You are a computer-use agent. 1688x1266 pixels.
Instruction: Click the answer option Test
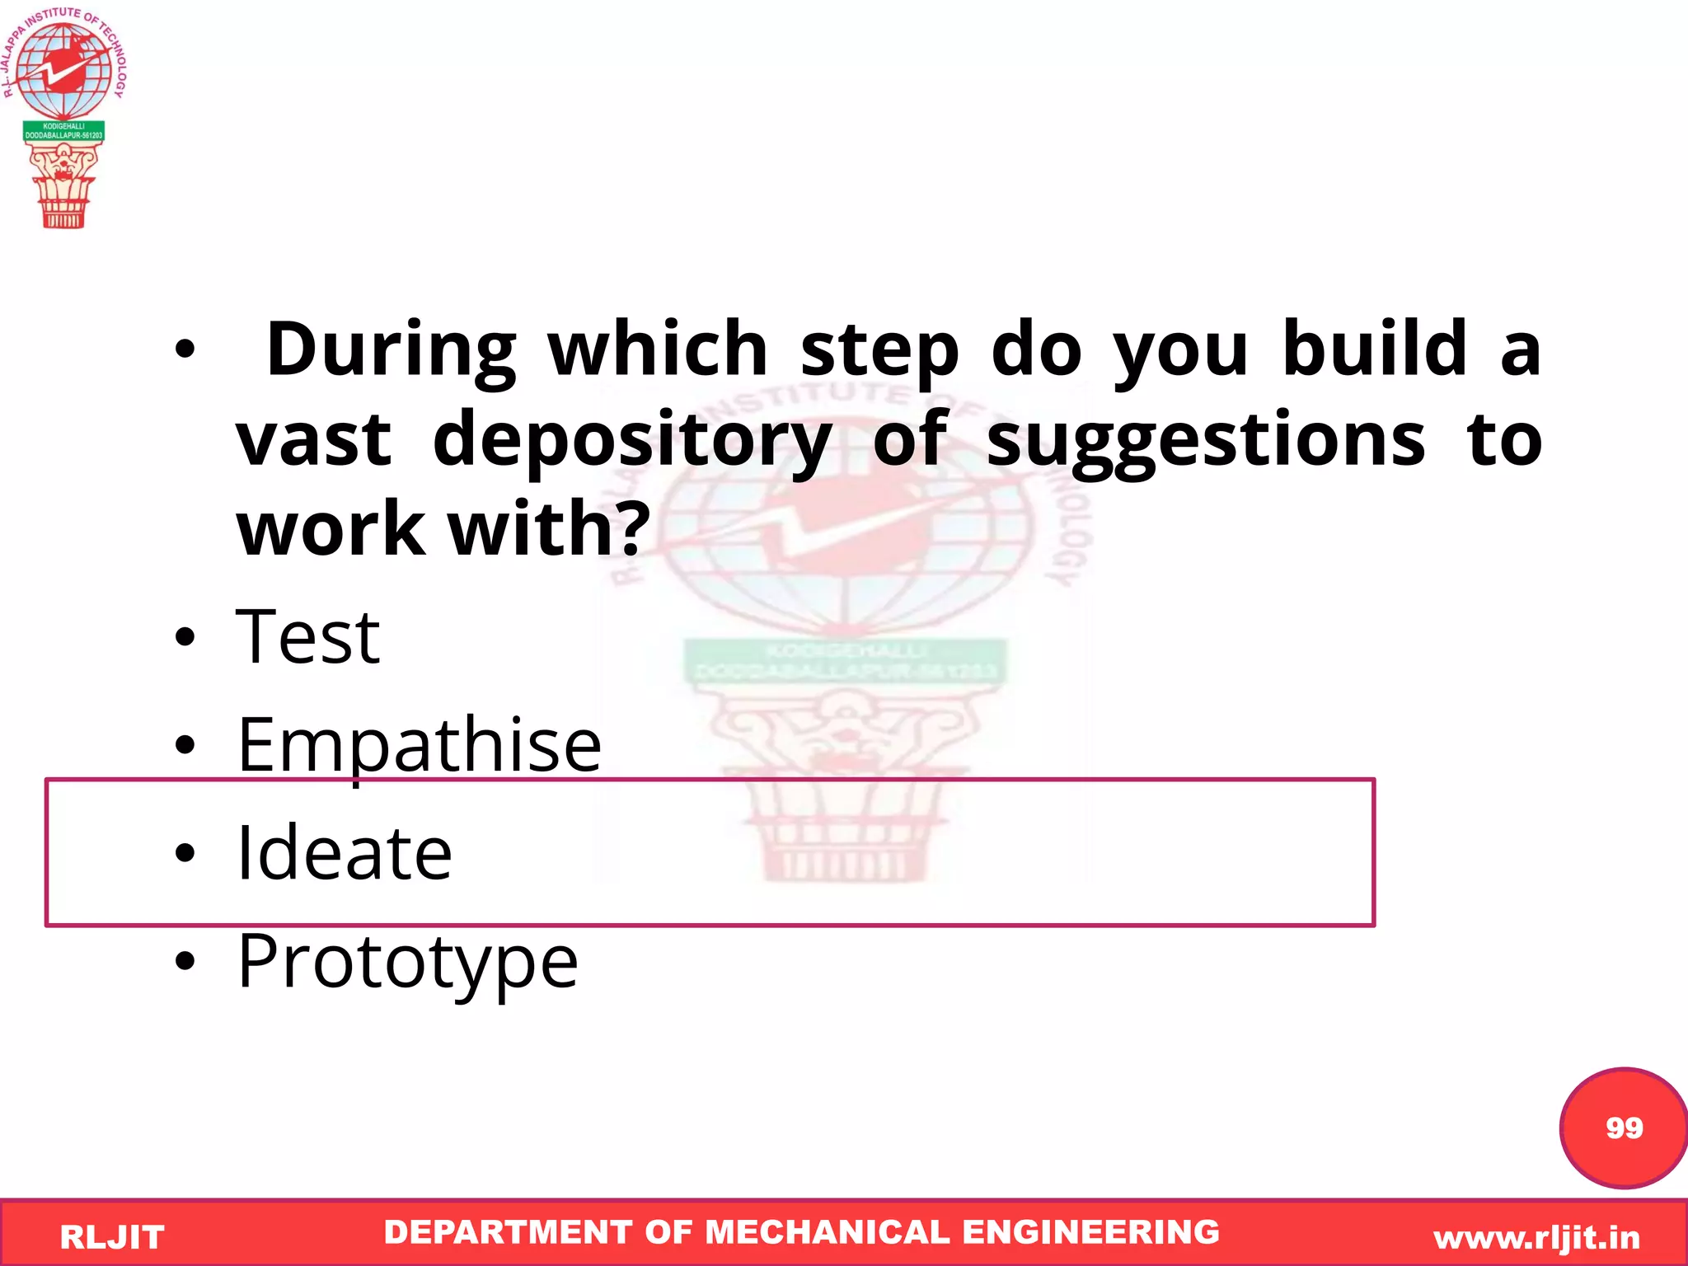click(307, 636)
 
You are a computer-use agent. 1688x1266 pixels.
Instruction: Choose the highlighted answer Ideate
click(344, 853)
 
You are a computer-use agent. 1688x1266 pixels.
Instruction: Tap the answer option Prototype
click(407, 961)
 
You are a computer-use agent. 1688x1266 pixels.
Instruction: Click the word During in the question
click(392, 349)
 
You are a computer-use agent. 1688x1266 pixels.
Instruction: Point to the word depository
click(631, 440)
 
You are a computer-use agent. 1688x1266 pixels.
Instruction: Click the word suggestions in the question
click(1205, 440)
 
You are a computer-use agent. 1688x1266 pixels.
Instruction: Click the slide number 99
click(1624, 1128)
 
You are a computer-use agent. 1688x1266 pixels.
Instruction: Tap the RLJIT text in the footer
click(112, 1237)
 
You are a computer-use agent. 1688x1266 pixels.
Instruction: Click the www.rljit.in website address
click(1536, 1237)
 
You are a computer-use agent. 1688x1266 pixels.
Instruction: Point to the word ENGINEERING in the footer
click(1090, 1232)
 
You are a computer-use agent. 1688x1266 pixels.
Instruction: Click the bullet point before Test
click(185, 637)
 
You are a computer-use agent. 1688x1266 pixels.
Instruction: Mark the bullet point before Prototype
click(185, 961)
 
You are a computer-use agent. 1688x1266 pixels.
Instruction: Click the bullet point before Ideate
click(185, 853)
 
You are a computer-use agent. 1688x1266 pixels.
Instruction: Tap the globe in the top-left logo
click(63, 70)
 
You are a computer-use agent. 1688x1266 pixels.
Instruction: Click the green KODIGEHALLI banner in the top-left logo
click(63, 131)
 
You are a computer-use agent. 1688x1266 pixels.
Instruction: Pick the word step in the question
click(879, 349)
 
